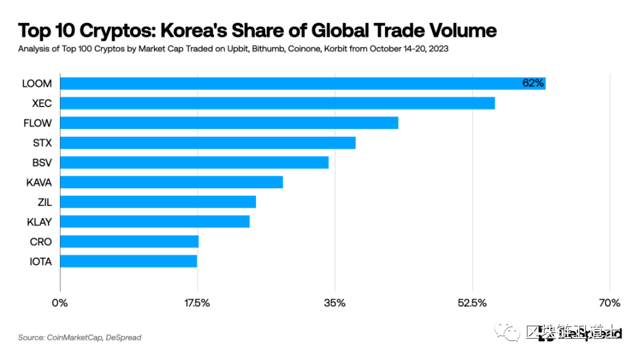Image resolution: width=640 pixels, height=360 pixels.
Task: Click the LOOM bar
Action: (x=303, y=84)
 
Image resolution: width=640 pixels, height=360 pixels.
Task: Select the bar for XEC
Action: (x=277, y=103)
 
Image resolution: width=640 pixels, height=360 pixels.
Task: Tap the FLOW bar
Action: (x=229, y=123)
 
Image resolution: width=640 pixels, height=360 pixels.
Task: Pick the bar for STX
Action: (x=207, y=143)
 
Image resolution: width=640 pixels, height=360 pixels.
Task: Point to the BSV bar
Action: (x=194, y=163)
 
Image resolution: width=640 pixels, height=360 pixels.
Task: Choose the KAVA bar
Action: (x=171, y=182)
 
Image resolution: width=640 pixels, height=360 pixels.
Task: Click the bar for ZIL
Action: (x=158, y=202)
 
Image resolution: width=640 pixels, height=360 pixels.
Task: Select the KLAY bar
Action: (x=155, y=222)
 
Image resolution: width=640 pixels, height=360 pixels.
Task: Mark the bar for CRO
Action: (x=129, y=242)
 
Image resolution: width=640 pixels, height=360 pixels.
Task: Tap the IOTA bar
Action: (x=128, y=261)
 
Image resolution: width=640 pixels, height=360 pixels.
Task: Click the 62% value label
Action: (x=533, y=84)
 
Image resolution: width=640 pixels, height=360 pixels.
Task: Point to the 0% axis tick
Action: (x=60, y=303)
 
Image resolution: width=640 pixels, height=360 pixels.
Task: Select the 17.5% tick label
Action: (x=198, y=303)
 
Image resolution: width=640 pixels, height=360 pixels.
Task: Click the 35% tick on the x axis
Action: (x=335, y=303)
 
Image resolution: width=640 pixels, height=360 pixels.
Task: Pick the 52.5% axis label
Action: (x=473, y=303)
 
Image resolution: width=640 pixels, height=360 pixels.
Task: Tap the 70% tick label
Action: (x=610, y=303)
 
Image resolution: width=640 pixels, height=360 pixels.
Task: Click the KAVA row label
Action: (x=40, y=182)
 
